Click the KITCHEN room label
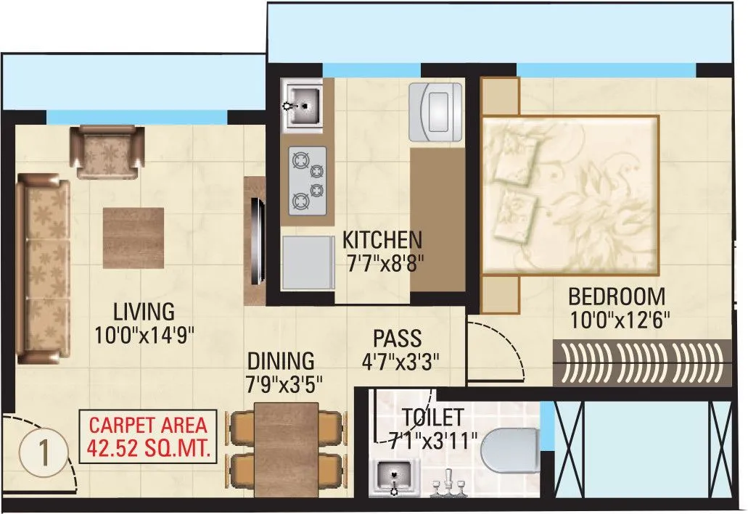pos(382,239)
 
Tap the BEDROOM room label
pos(616,297)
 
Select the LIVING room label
pos(144,312)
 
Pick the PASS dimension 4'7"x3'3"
pos(396,360)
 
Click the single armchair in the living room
pos(107,151)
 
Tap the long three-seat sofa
pos(43,268)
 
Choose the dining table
pos(287,449)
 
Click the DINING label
pos(281,360)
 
